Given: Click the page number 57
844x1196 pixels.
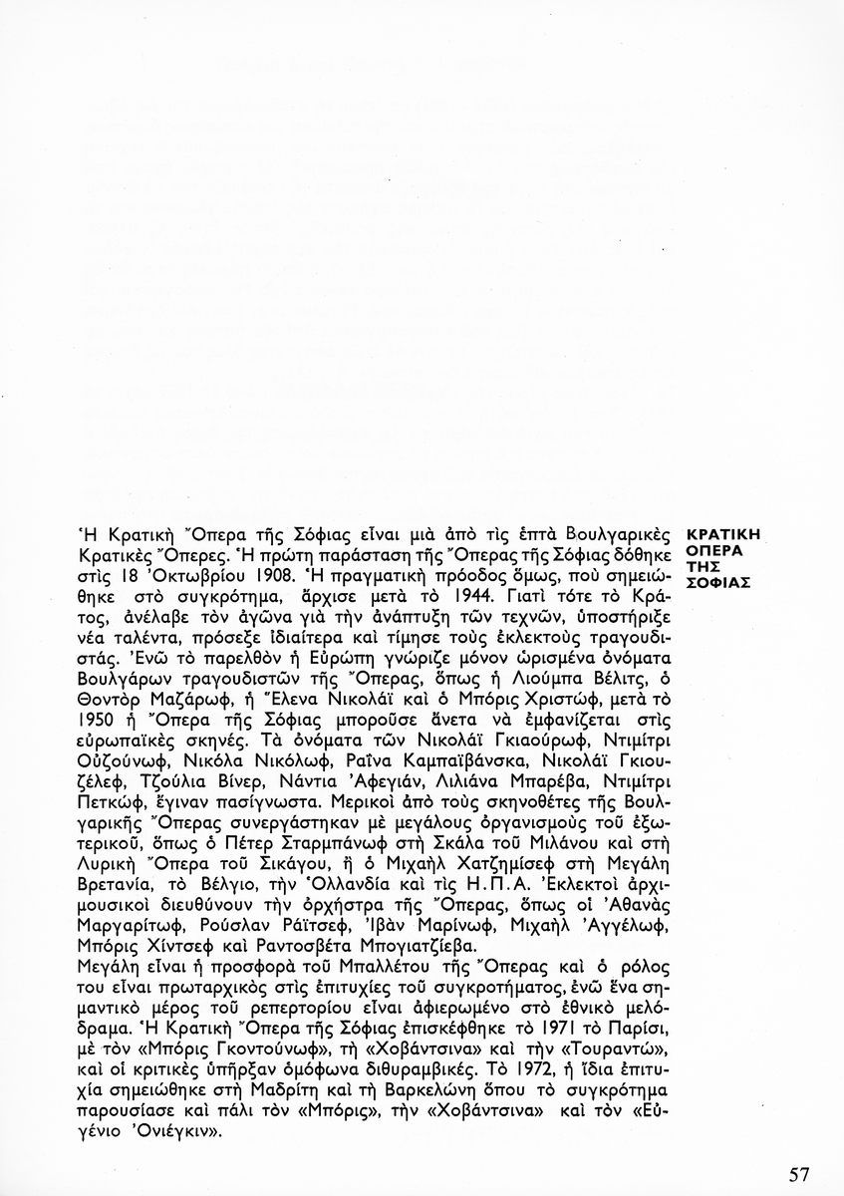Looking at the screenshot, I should coord(799,1174).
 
